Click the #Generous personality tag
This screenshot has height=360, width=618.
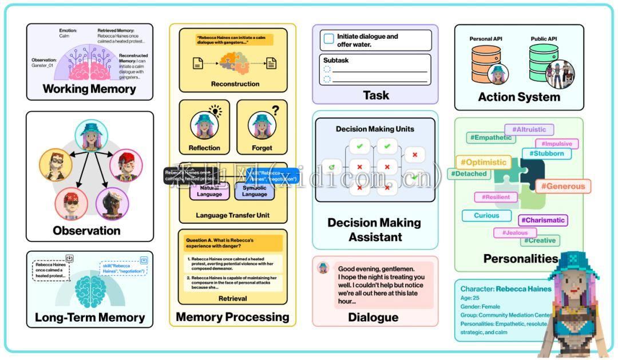[563, 186]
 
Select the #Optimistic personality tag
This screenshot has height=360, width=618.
[483, 162]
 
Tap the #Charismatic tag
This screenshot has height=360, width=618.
[543, 220]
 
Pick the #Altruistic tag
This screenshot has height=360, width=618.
[529, 129]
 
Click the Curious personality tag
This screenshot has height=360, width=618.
[486, 216]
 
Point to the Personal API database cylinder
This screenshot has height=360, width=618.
[485, 61]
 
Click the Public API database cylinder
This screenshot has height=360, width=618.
[543, 61]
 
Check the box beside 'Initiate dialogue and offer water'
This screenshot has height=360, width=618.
[328, 39]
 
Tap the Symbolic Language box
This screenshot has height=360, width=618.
[255, 191]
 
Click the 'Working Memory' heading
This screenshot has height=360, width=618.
[89, 89]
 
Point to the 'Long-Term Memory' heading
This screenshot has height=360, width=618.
[90, 317]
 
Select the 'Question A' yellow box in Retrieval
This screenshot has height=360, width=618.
[233, 243]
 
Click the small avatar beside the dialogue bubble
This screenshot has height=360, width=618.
[323, 267]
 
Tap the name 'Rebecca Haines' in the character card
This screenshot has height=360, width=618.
[524, 289]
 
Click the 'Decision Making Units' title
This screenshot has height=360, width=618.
[375, 129]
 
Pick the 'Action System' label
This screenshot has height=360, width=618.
[519, 97]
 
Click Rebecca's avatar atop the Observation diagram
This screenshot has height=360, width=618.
[91, 137]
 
